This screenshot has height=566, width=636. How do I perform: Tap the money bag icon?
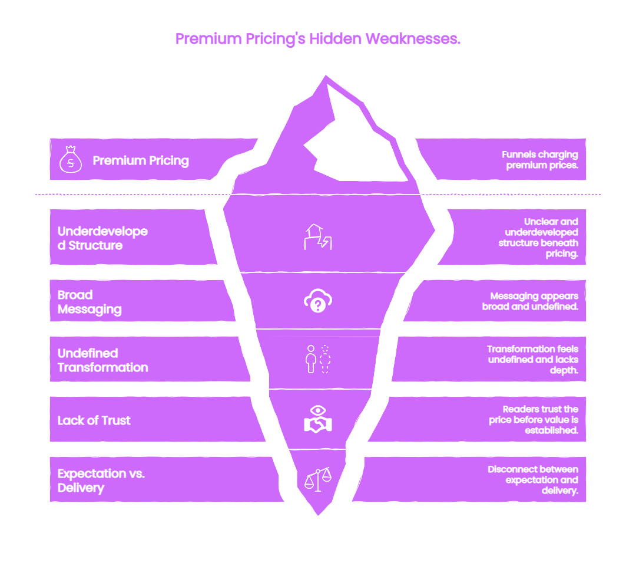tap(71, 160)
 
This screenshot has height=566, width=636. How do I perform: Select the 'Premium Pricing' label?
tap(141, 161)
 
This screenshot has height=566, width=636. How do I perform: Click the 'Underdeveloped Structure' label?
tap(102, 238)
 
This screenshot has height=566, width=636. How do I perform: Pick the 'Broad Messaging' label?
tap(90, 302)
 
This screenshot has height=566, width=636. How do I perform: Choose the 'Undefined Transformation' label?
tap(102, 360)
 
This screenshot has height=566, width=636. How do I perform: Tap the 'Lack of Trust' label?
tap(94, 420)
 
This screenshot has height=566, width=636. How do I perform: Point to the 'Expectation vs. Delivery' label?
tap(101, 481)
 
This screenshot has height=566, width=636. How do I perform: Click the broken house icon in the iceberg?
tap(318, 236)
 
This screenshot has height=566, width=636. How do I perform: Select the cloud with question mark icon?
tap(318, 301)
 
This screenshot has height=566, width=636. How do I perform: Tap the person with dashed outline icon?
tap(318, 359)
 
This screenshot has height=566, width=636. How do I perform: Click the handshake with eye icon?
tap(318, 419)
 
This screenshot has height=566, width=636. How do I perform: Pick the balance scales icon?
tap(318, 479)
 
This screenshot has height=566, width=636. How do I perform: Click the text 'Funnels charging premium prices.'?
tap(540, 160)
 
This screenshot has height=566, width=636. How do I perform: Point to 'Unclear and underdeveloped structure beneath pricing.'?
tap(538, 238)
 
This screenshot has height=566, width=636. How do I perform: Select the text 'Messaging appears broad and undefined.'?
tap(530, 301)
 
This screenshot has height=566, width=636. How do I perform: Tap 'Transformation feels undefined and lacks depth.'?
tap(532, 360)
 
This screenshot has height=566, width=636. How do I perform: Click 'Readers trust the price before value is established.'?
tap(534, 420)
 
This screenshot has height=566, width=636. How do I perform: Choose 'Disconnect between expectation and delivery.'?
tap(533, 480)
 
